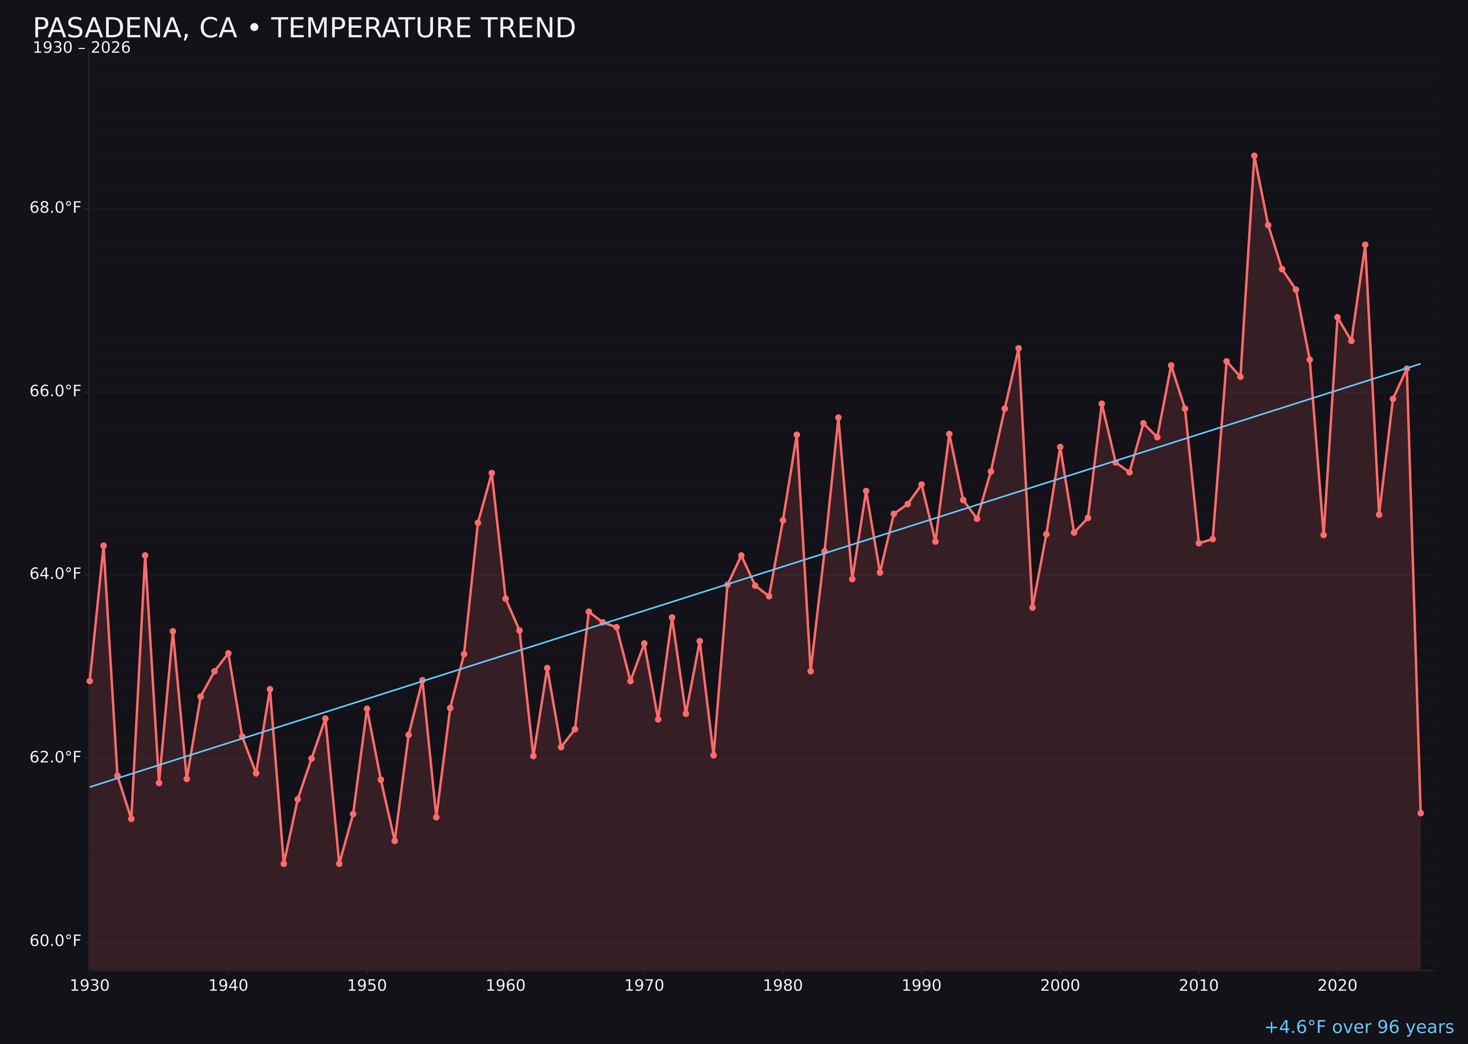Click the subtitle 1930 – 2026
[81, 48]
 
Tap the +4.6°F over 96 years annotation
[1358, 1027]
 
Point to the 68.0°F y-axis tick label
[55, 208]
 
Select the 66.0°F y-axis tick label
[55, 391]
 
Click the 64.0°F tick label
[55, 573]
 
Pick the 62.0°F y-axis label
[55, 757]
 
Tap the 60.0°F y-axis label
[55, 941]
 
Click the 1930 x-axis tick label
[89, 986]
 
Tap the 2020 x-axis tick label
[1337, 986]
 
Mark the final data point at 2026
[1420, 813]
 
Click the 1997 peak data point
[1018, 348]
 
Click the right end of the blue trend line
[1420, 364]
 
